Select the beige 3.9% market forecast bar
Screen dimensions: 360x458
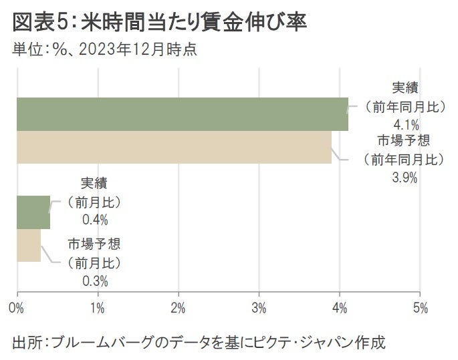[x=174, y=147]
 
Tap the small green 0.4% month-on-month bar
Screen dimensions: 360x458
[x=33, y=212]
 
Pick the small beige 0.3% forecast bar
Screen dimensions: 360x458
[x=29, y=245]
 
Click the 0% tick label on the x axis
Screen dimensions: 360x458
[x=17, y=309]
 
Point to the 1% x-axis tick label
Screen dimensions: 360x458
[x=98, y=309]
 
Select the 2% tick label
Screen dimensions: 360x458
[x=179, y=309]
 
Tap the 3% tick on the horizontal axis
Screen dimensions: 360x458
[x=259, y=309]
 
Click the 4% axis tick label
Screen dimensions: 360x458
[x=340, y=309]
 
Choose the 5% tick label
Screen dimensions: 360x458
[x=420, y=309]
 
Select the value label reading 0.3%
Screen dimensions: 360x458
[x=95, y=281]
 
